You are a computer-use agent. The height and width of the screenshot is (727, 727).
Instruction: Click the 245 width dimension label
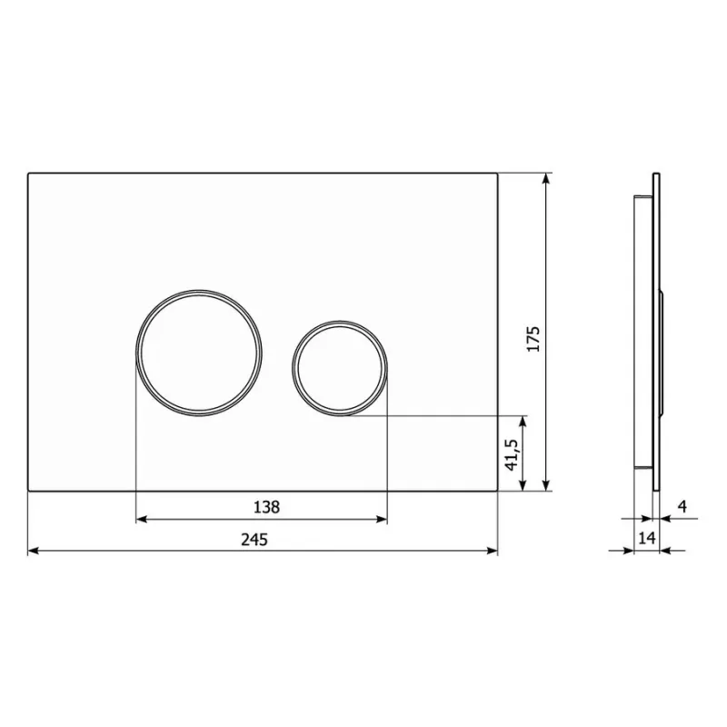pyautogui.click(x=254, y=540)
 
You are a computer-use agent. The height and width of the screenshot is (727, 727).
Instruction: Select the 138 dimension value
pyautogui.click(x=266, y=507)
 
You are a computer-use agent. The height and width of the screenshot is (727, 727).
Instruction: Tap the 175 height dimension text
pyautogui.click(x=533, y=339)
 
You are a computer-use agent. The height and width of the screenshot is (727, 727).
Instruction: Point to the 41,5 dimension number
pyautogui.click(x=512, y=454)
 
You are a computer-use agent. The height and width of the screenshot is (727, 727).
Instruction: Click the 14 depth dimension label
pyautogui.click(x=647, y=538)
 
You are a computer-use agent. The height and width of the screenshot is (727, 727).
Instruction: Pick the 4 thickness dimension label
pyautogui.click(x=682, y=506)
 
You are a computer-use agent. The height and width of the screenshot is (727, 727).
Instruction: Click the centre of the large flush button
pyautogui.click(x=199, y=353)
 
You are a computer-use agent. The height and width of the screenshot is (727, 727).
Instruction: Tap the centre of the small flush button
pyautogui.click(x=340, y=368)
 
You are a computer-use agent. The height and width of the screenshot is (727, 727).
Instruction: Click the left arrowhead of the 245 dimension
pyautogui.click(x=34, y=551)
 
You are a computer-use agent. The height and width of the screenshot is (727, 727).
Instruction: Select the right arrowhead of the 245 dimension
pyautogui.click(x=492, y=551)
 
